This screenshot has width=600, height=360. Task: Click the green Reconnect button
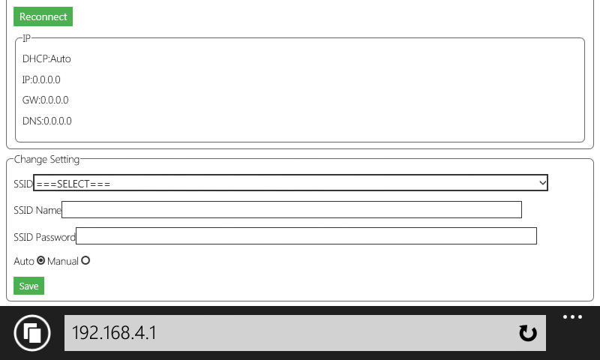43,16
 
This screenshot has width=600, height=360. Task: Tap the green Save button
28,286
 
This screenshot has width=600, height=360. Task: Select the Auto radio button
41,260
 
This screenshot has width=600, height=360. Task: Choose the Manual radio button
85,260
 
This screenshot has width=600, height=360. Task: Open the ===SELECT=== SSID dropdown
290,183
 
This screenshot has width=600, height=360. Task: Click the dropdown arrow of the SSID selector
542,183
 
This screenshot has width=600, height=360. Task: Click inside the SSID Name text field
292,210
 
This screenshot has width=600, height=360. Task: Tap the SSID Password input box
306,236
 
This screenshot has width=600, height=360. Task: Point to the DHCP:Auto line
46,59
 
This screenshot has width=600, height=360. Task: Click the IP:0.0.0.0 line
41,79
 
